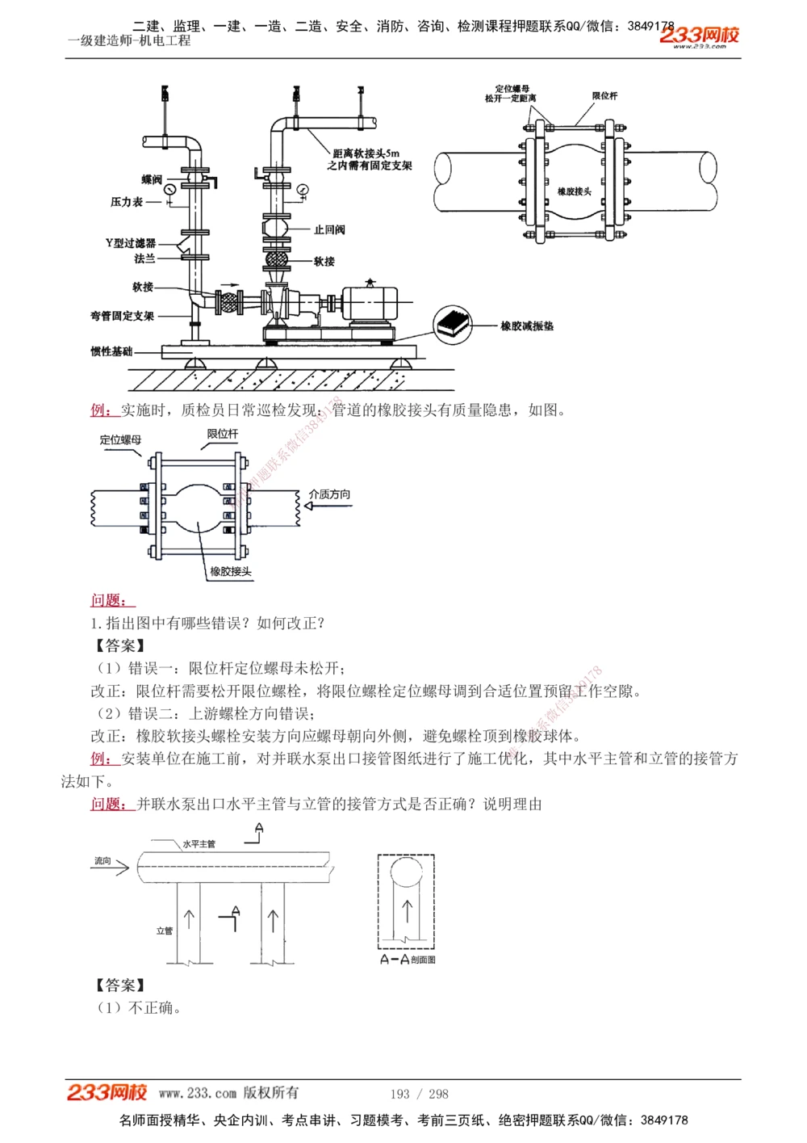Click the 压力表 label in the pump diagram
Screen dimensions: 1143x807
click(x=127, y=202)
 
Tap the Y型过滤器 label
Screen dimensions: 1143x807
click(x=131, y=243)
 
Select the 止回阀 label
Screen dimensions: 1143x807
click(x=329, y=230)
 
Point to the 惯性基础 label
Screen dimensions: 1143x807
click(x=111, y=351)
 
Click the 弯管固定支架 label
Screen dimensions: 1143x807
click(x=122, y=316)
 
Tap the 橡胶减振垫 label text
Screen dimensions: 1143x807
click(x=527, y=326)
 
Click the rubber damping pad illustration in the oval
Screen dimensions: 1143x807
click(x=454, y=324)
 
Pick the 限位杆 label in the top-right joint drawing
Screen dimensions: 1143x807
click(x=604, y=96)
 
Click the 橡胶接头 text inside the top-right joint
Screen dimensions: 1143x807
click(x=575, y=191)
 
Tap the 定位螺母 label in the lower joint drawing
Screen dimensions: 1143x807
click(x=120, y=440)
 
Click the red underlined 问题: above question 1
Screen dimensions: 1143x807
click(x=111, y=600)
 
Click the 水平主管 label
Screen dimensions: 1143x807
click(x=199, y=844)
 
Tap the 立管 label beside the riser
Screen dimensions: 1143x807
click(x=164, y=931)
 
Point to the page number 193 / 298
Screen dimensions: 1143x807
click(x=419, y=1094)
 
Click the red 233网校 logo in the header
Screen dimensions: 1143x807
click(x=699, y=35)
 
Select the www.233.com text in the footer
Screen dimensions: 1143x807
click(x=197, y=1093)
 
